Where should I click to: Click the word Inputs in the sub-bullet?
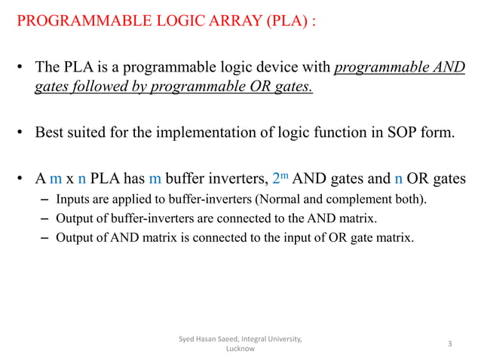point(72,200)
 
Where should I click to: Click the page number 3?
point(449,344)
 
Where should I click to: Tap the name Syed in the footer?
point(187,339)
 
